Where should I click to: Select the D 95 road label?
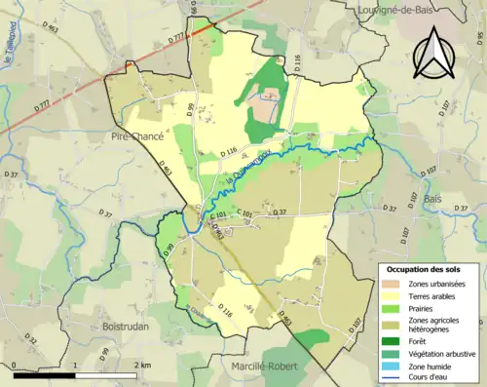point(191,112)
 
